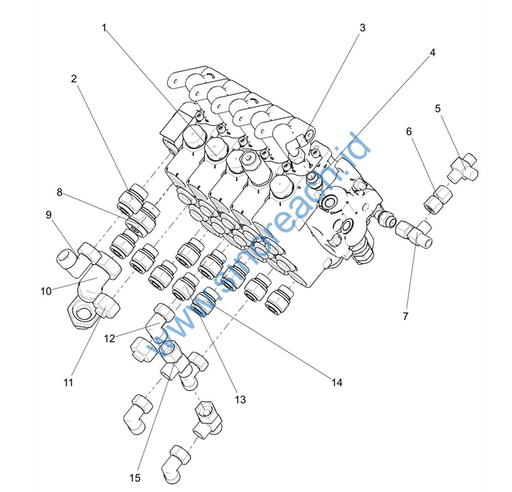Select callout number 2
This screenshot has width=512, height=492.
pos(74,78)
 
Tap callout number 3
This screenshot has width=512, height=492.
pos(362,28)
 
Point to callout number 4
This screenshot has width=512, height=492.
pos(432,53)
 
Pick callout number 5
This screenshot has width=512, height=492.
pos(438,108)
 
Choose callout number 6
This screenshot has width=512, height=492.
pos(409,132)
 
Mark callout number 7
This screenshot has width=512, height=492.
pos(406,316)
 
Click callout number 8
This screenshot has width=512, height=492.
pos(59,193)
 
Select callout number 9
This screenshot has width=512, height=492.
pos(48,215)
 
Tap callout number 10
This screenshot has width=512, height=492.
pos(45,291)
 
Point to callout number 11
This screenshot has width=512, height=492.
pos(68,382)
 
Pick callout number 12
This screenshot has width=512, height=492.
pos(110,338)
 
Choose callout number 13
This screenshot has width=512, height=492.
pos(240,400)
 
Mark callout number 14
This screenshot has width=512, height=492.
pos(337,382)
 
